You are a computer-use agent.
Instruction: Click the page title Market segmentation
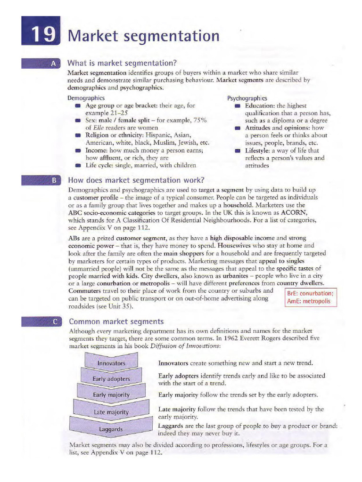tap(144, 36)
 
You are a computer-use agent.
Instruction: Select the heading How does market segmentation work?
tap(136, 180)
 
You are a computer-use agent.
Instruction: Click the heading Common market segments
tap(116, 321)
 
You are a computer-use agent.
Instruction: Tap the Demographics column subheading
tap(86, 98)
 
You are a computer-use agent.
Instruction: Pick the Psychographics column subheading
tap(247, 98)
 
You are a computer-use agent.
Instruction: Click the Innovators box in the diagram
tap(111, 363)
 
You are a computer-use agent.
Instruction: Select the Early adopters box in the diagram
tap(111, 378)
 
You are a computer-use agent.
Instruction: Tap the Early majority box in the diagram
tap(111, 394)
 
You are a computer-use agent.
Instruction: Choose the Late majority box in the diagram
tap(111, 412)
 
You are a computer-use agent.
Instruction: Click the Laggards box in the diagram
tap(111, 429)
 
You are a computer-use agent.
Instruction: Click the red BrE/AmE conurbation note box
tap(311, 297)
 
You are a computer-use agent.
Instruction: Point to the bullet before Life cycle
tap(78, 165)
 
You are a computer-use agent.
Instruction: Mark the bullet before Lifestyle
tap(238, 151)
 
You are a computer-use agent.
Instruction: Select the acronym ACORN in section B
tap(294, 212)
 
